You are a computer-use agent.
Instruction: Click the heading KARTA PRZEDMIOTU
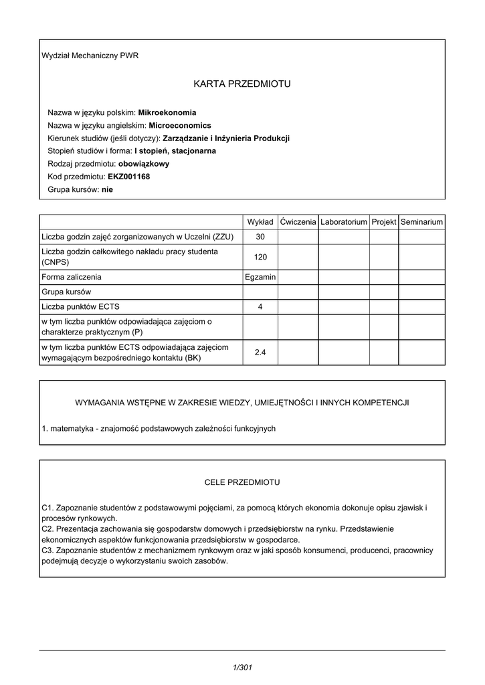tap(242, 84)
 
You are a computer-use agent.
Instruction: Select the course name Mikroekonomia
tap(167, 113)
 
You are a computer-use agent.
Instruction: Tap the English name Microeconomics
tap(179, 126)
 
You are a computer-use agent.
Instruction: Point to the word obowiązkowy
tap(143, 164)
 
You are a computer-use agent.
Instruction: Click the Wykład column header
tap(260, 221)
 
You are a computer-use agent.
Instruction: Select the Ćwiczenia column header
tap(298, 221)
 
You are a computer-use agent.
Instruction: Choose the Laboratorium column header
tap(344, 221)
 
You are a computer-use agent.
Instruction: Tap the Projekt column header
tap(384, 221)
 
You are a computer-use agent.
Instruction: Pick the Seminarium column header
tap(421, 221)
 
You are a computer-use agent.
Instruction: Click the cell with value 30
tap(260, 237)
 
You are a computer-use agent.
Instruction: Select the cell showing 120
tap(260, 257)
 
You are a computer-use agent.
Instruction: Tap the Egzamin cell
tap(260, 277)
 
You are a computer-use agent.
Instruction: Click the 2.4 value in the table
tap(260, 353)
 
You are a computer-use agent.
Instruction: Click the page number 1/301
tap(241, 667)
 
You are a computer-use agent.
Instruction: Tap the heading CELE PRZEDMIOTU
tap(242, 482)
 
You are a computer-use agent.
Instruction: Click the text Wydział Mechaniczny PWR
tap(90, 56)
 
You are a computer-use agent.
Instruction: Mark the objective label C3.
tap(47, 551)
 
